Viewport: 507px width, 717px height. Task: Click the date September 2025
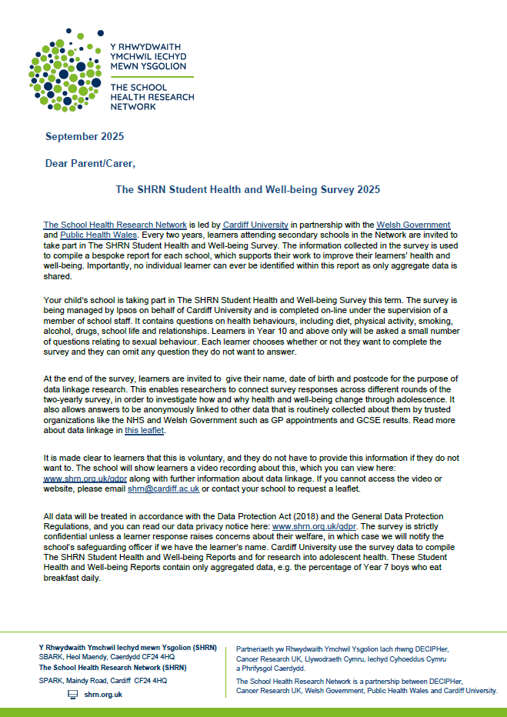84,137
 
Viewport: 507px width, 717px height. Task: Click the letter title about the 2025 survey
248,189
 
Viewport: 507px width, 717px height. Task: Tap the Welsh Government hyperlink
413,225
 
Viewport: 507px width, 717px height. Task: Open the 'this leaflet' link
144,432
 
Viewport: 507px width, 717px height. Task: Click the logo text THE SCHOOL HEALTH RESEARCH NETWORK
163,98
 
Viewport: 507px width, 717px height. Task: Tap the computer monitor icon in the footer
73,694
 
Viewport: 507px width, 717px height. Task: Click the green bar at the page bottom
253,712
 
